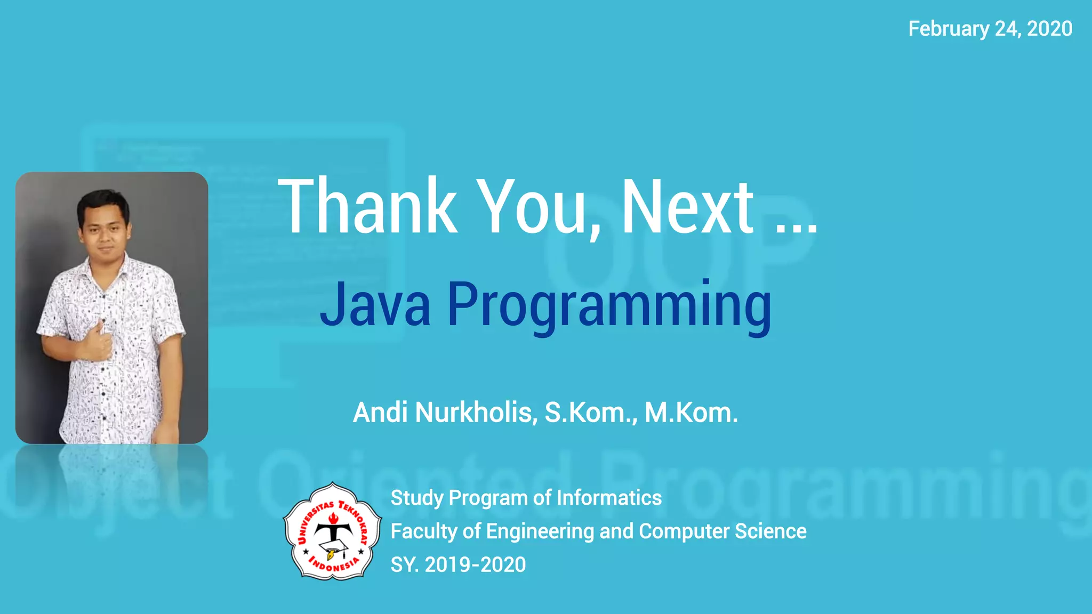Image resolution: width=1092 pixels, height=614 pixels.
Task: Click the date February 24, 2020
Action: click(x=990, y=29)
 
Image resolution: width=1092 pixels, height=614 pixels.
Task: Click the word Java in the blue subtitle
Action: click(x=375, y=305)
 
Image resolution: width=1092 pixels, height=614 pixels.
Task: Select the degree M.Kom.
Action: click(x=691, y=413)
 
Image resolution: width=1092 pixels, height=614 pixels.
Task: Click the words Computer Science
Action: click(x=722, y=531)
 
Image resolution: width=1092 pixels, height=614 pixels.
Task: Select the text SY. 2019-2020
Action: click(x=458, y=564)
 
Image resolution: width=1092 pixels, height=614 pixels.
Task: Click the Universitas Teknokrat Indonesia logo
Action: click(x=333, y=531)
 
